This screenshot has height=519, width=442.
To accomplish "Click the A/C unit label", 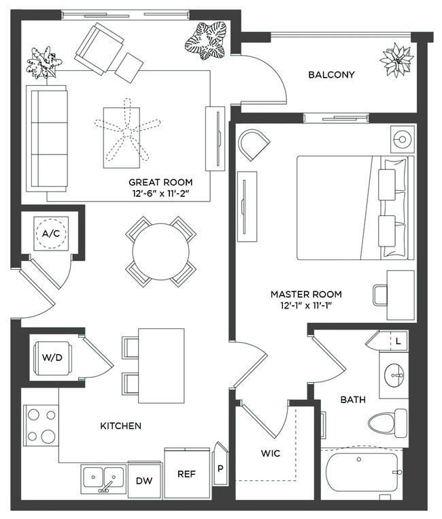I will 50,233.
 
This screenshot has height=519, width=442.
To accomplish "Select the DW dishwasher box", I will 143,480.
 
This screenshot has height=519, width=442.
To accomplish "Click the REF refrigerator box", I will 187,474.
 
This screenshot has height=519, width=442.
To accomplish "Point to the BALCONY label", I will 331,75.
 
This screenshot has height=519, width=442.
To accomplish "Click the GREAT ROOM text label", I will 160,183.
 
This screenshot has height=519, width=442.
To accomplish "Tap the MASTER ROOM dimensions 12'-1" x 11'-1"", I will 306,306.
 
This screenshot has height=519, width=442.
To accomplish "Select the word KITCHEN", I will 121,426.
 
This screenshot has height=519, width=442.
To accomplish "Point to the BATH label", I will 354,399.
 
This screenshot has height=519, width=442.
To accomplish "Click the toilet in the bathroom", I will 388,422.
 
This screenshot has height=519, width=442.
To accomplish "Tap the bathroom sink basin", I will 394,374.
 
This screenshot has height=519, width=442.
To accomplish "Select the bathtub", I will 362,472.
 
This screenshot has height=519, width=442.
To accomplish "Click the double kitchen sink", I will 104,478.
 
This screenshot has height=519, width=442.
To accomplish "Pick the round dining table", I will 160,251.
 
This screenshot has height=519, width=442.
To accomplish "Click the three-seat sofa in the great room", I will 47,138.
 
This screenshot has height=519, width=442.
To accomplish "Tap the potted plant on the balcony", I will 396,60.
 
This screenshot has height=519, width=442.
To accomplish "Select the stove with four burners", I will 41,425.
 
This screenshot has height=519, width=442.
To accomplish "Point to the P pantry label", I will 220,469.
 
